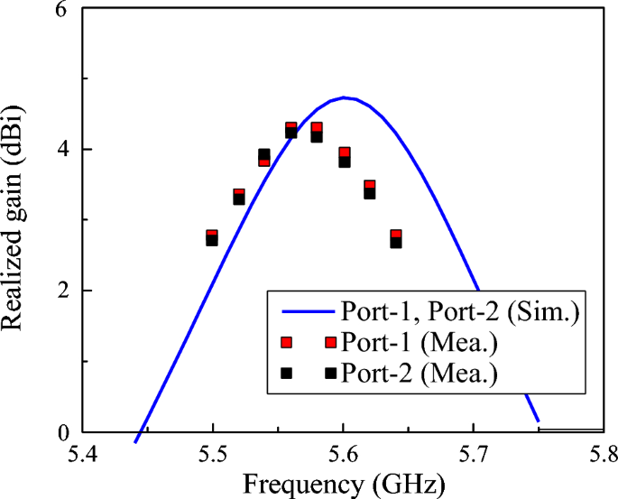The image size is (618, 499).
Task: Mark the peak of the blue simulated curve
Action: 345,97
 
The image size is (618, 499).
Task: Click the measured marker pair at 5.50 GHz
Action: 212,237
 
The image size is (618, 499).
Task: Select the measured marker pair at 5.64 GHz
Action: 396,238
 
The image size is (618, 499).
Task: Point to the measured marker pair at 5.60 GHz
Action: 344,157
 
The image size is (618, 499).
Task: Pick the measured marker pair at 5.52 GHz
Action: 239,196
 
